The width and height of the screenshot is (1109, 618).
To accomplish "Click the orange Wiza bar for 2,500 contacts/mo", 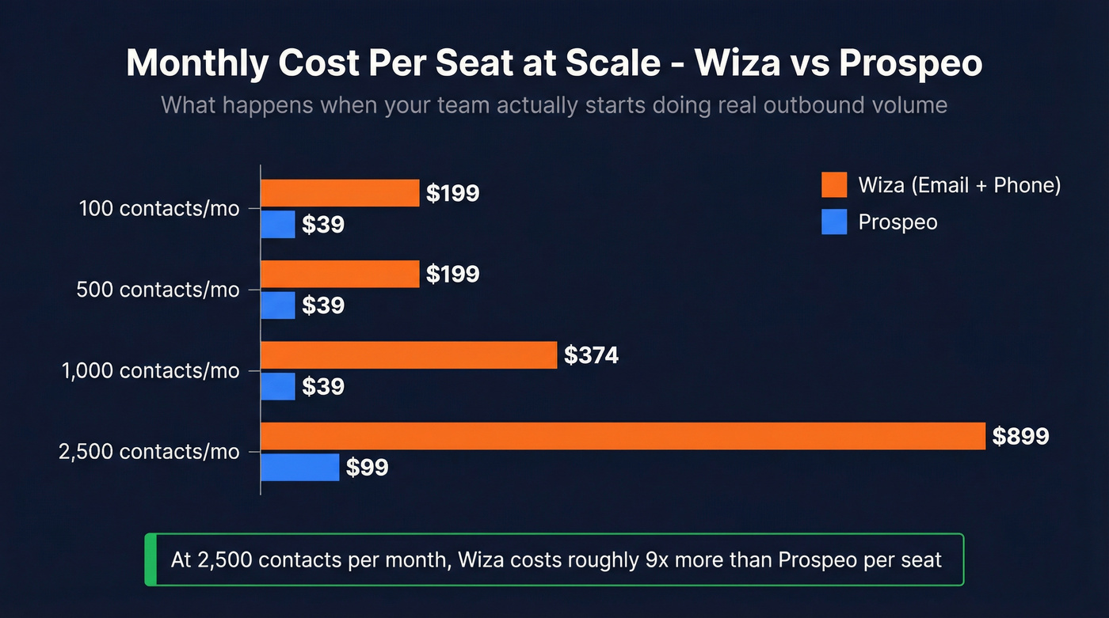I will click(623, 436).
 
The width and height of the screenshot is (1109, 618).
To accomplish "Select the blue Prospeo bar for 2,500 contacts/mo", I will click(300, 467).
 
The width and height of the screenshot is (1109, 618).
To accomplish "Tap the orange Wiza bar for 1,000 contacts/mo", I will click(409, 355).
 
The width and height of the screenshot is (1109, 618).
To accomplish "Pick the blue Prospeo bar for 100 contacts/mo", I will click(278, 224).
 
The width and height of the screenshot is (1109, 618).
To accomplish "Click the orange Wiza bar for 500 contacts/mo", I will click(340, 274).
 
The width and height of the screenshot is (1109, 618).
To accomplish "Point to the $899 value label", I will click(1020, 436).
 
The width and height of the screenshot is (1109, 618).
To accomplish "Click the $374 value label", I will click(591, 355).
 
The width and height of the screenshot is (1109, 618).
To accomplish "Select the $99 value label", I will click(367, 468).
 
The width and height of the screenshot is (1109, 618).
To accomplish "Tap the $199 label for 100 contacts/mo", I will click(452, 193).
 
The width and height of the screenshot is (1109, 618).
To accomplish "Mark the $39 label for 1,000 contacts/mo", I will click(322, 387).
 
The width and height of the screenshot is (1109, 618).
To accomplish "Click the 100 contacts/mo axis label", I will click(159, 209).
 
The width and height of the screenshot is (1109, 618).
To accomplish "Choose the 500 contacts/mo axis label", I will click(158, 290).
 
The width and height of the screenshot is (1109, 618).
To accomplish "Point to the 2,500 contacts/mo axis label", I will click(149, 452).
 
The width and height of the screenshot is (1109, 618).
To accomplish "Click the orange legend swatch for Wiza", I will click(834, 185).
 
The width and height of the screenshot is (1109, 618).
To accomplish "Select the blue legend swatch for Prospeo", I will click(834, 222).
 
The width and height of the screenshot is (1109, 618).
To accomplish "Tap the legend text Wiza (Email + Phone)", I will click(959, 185).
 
